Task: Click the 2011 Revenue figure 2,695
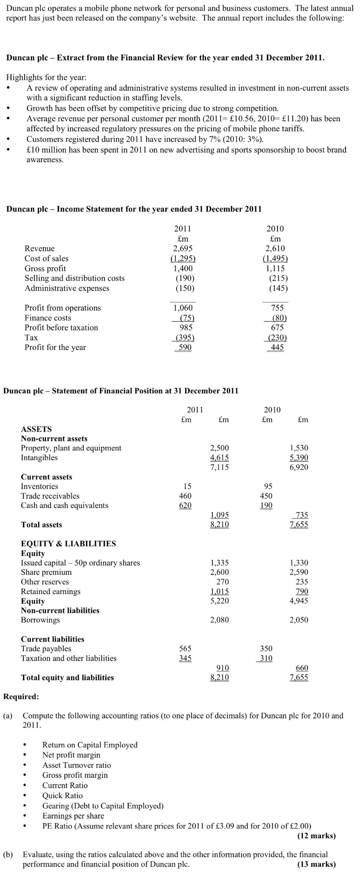click(183, 249)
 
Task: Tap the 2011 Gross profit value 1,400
click(183, 268)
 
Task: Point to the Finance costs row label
click(48, 318)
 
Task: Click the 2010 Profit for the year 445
click(277, 347)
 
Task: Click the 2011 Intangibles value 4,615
click(219, 458)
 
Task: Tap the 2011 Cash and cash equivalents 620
click(185, 505)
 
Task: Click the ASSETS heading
click(36, 429)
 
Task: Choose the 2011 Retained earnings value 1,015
click(219, 591)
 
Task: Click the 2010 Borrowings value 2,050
click(298, 620)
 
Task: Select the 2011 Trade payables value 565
click(185, 649)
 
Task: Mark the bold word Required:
click(21, 697)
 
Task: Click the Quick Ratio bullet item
click(62, 796)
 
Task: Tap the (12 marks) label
click(316, 836)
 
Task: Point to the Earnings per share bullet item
click(73, 816)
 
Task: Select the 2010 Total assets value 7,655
click(299, 525)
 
